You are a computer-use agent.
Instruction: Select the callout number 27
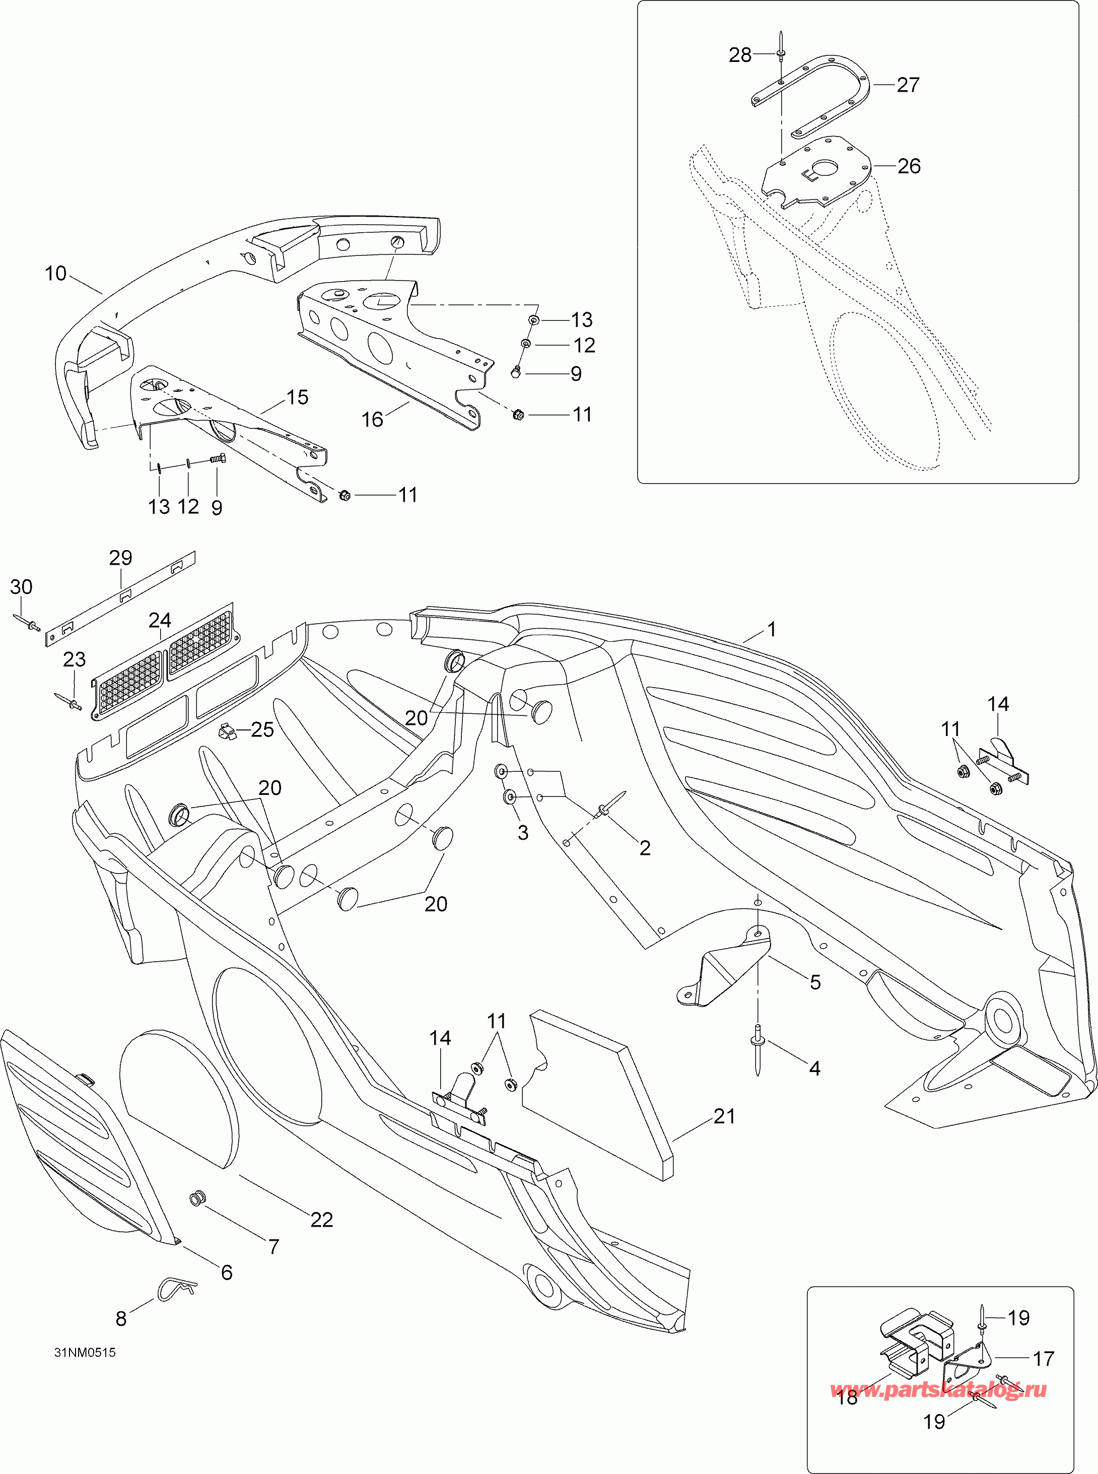click(x=908, y=85)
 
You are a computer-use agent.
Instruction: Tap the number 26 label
click(x=909, y=166)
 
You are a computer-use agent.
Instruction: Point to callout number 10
click(x=56, y=273)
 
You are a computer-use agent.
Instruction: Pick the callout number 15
click(x=297, y=397)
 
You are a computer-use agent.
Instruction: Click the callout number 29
click(x=120, y=557)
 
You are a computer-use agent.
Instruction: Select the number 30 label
click(x=21, y=586)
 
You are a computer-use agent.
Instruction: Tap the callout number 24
click(x=160, y=620)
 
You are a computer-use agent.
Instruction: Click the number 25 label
click(x=262, y=729)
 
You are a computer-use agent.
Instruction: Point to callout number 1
click(x=772, y=629)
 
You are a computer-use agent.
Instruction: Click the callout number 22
click(x=322, y=1220)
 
